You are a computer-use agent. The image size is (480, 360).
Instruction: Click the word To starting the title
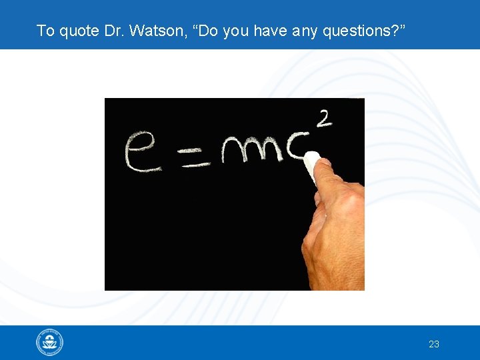[x=45, y=31]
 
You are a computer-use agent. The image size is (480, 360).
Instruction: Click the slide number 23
[x=434, y=344]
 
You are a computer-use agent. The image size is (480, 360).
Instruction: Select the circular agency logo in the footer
[x=49, y=343]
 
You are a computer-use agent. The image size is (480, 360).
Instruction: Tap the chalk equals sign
[x=197, y=158]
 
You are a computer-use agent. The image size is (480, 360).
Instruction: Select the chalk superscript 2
[x=325, y=119]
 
